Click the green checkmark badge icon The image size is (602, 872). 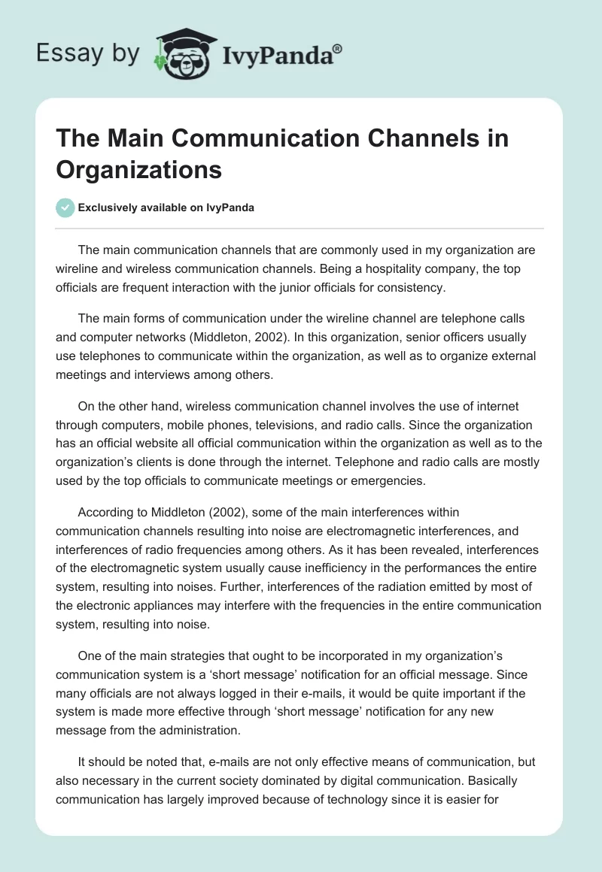point(65,207)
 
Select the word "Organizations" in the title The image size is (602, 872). point(138,169)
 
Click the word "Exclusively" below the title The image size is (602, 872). point(107,207)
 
